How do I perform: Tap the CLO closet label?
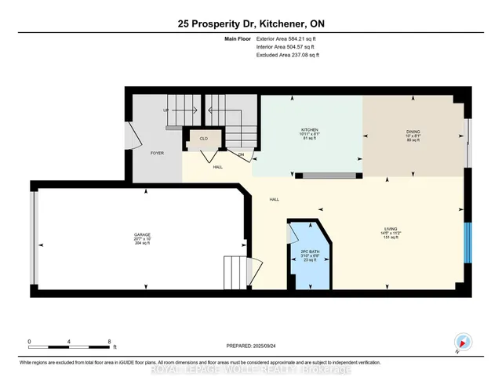pyautogui.click(x=202, y=139)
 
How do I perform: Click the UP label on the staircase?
pyautogui.click(x=166, y=111)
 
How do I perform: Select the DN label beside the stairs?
pyautogui.click(x=241, y=154)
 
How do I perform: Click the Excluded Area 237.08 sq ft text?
pyautogui.click(x=288, y=55)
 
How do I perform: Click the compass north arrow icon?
pyautogui.click(x=463, y=341)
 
